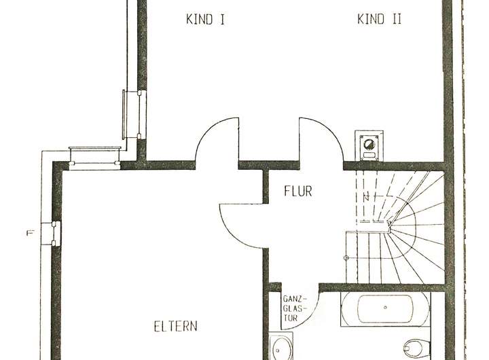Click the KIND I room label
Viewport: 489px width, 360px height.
point(205,20)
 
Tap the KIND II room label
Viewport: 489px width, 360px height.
point(379,20)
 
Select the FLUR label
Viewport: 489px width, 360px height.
point(297,192)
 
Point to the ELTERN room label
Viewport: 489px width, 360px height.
point(176,327)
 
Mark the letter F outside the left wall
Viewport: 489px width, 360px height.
point(29,234)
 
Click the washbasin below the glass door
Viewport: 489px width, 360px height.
point(281,348)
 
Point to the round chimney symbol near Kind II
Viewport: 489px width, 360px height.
point(370,144)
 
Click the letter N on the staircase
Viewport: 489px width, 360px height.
point(365,198)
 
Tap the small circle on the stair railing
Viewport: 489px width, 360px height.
point(346,258)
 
